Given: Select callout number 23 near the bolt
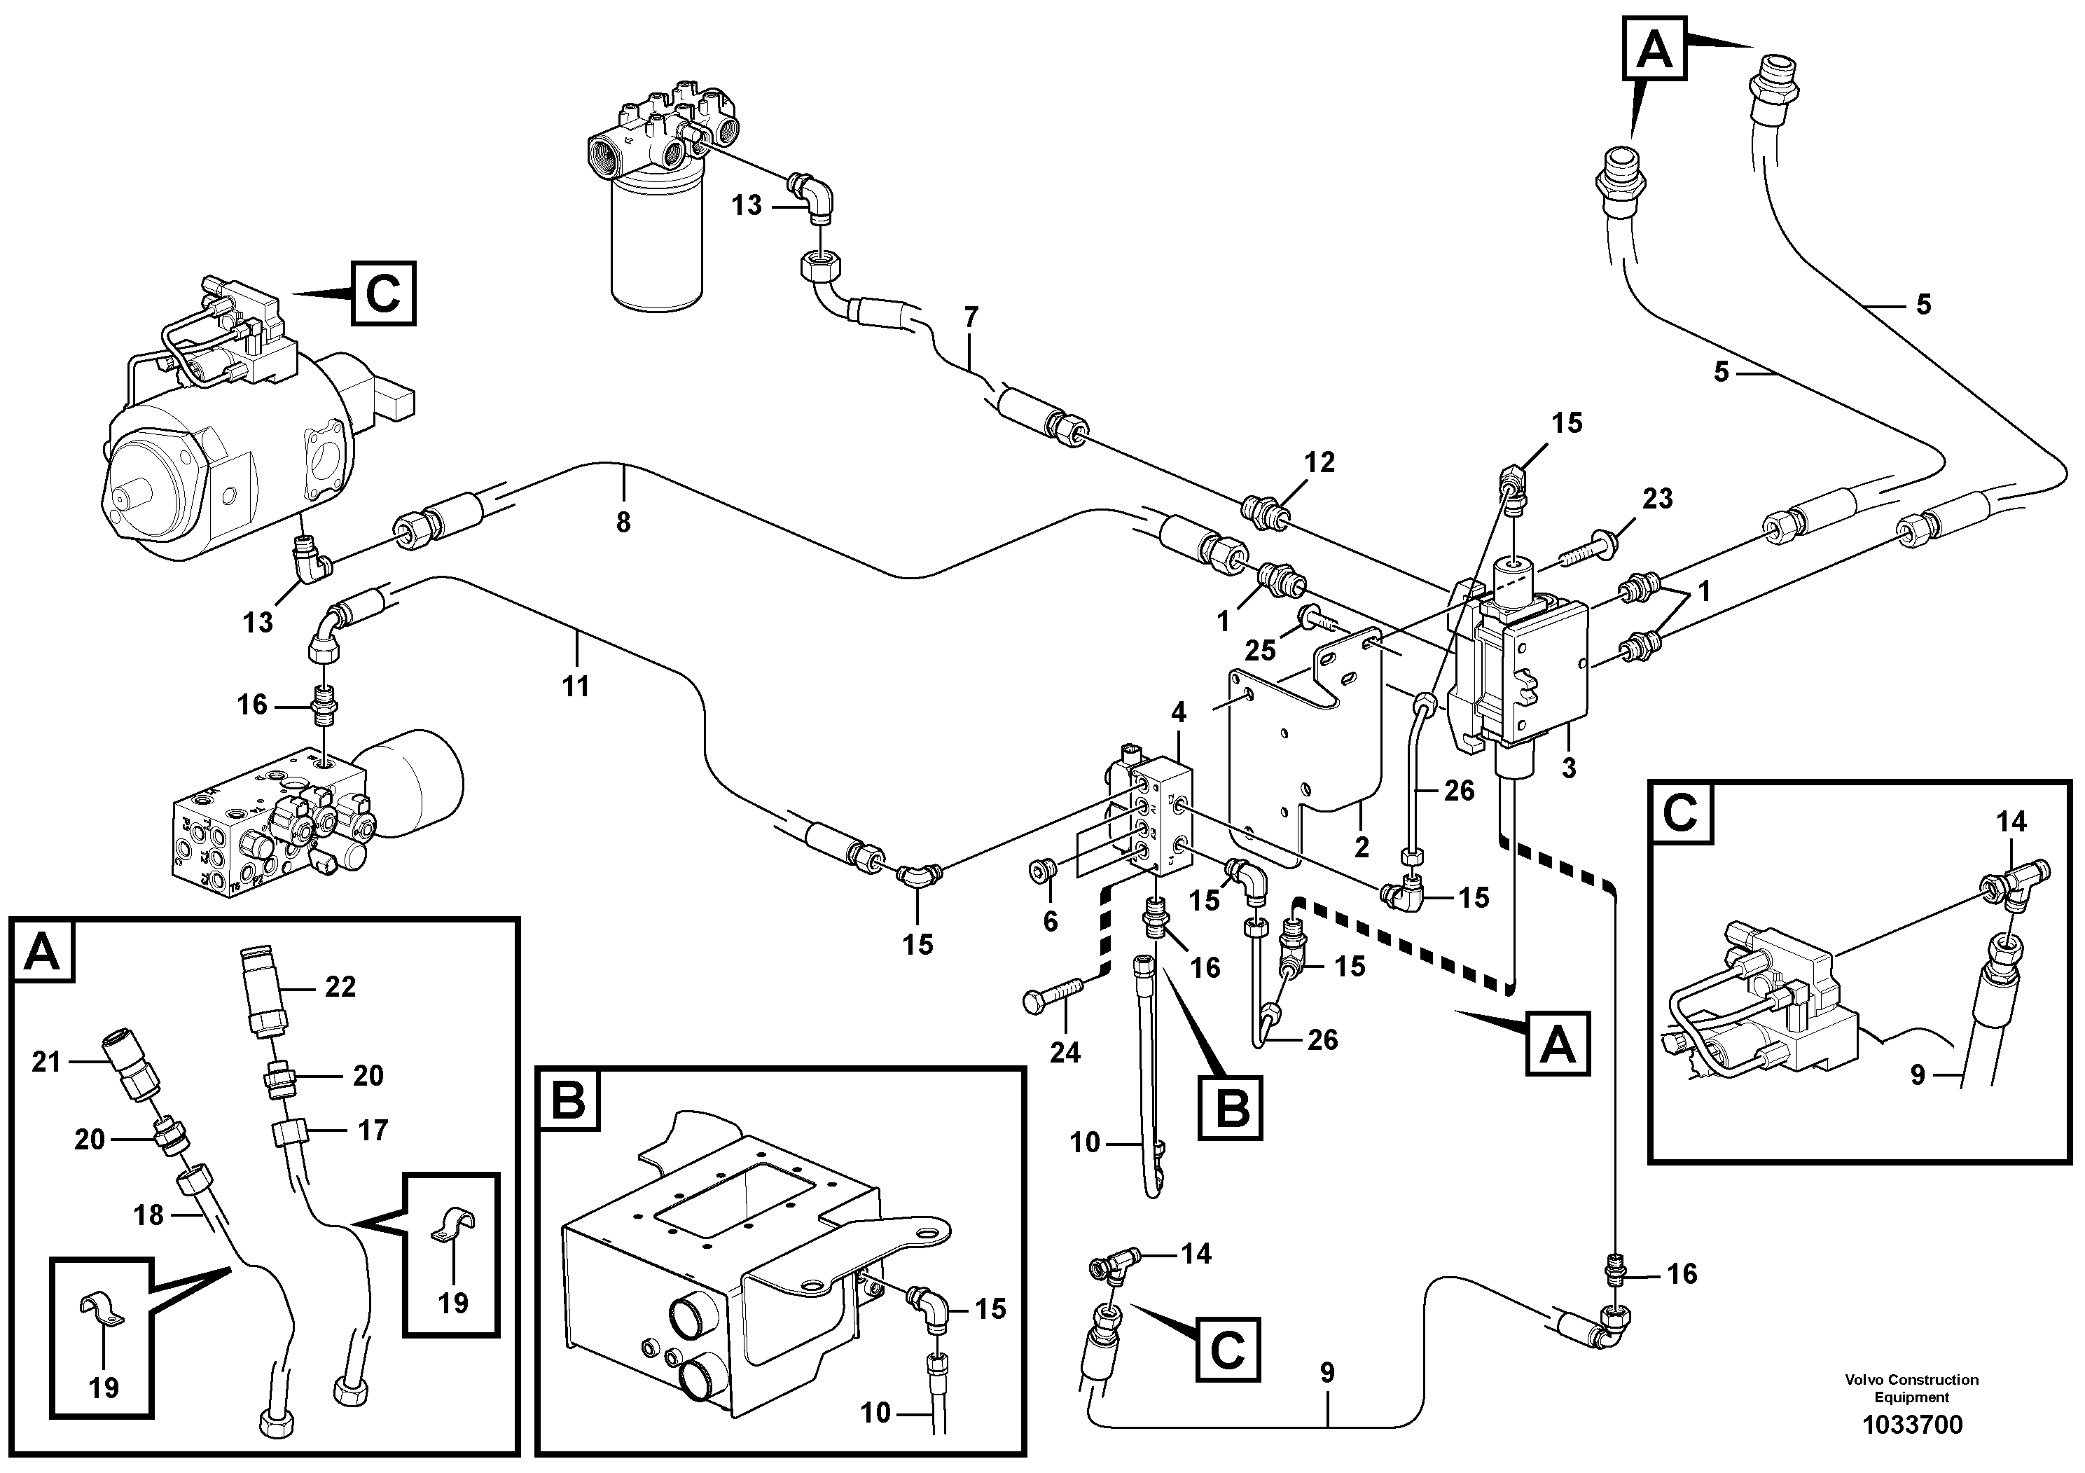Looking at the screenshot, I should coord(1657,499).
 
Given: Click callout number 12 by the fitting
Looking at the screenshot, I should coord(1319,462).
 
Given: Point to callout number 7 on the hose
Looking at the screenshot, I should coord(971,318).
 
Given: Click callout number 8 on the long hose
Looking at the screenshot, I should coord(623,523).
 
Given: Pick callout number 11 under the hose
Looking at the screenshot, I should coord(576,686).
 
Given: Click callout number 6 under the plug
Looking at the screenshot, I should coord(1051,922).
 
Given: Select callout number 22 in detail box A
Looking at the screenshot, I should coord(340,987).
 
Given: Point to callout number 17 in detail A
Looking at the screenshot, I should coord(373,1130).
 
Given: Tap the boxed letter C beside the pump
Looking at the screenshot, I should coord(383,293).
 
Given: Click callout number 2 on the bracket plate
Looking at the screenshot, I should coord(1362,848).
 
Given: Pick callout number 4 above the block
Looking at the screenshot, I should coord(1178,713).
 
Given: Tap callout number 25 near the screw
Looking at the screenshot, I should coord(1261,650).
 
